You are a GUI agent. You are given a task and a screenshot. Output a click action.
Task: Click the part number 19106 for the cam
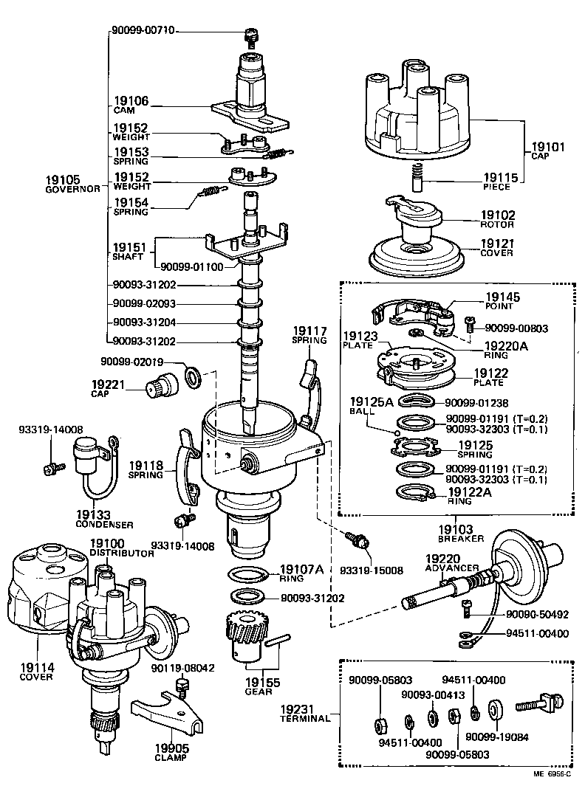click(x=131, y=101)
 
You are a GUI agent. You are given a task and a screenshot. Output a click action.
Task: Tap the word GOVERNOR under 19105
click(x=73, y=189)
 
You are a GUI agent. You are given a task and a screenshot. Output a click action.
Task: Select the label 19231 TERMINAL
click(x=305, y=713)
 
